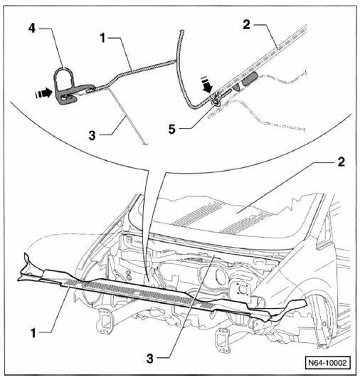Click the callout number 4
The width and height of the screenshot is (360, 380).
tap(32, 28)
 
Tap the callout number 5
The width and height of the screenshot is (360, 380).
tap(171, 130)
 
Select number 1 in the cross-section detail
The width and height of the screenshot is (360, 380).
tap(102, 38)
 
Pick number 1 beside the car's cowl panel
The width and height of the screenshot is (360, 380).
tap(33, 333)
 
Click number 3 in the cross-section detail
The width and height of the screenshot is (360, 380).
tap(92, 135)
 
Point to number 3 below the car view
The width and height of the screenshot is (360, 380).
tap(150, 359)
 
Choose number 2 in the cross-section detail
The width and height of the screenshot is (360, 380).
tap(246, 24)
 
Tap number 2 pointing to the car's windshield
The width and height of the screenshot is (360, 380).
tap(341, 162)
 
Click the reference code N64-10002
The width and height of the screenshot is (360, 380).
tap(327, 362)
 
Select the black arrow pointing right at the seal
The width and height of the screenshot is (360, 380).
tap(43, 93)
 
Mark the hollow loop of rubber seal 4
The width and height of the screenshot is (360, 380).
tap(63, 77)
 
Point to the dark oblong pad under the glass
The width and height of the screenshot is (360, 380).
tap(250, 78)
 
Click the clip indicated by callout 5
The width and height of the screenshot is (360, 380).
tap(216, 100)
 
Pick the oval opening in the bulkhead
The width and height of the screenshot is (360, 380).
tap(220, 276)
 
